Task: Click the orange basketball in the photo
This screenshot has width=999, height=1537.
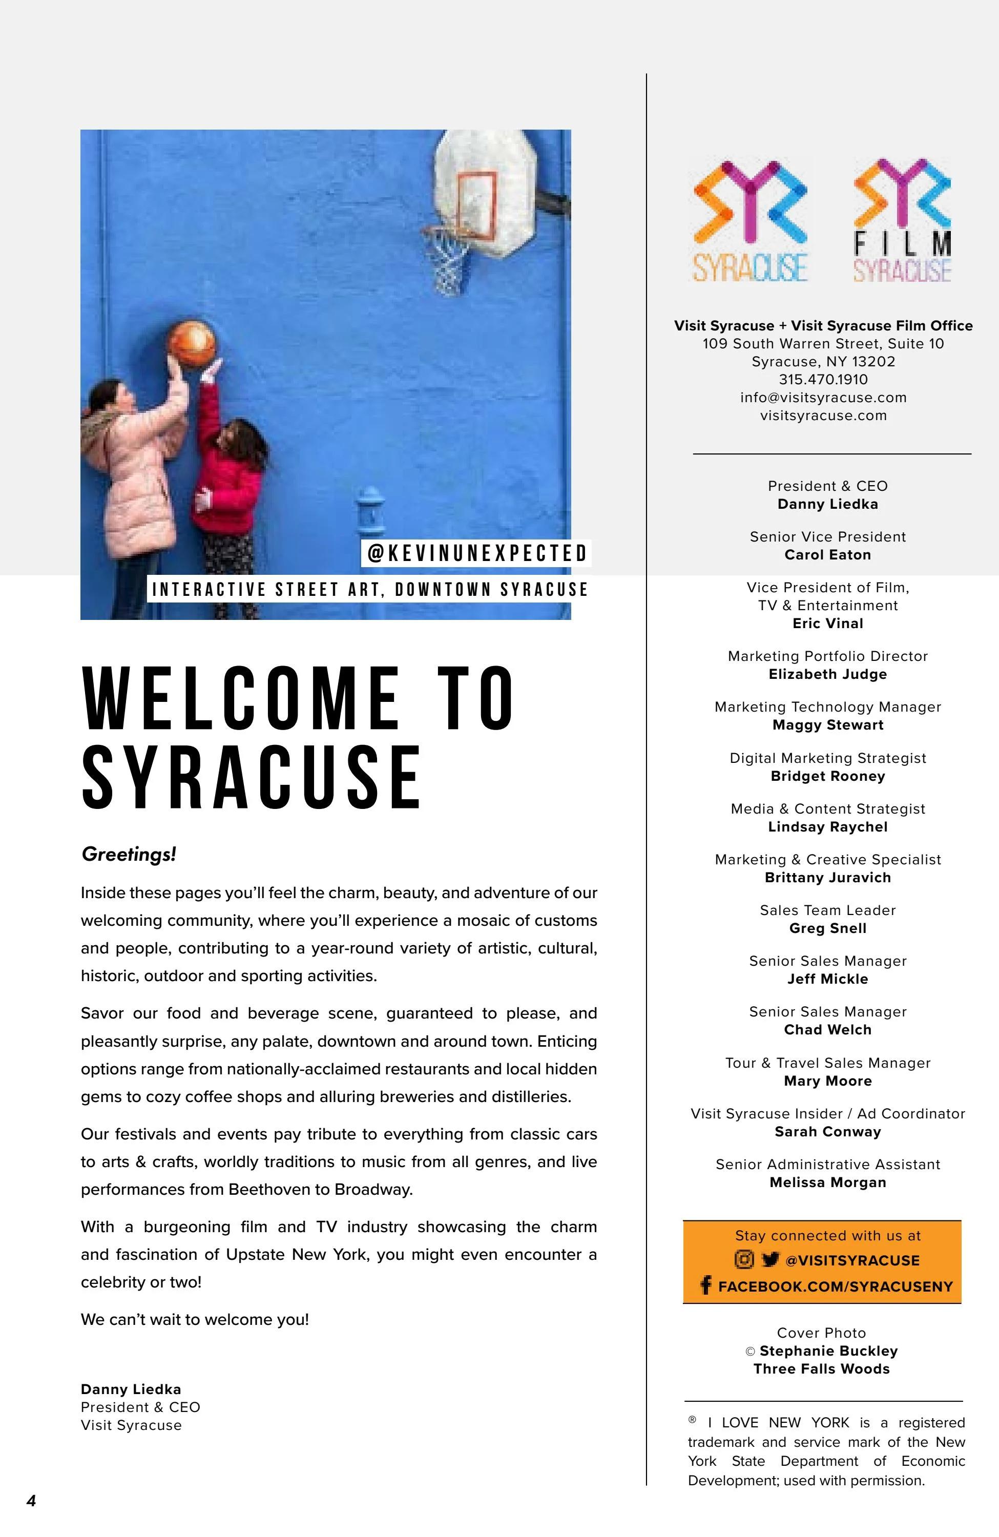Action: (191, 342)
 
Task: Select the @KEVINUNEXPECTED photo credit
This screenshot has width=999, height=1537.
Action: (476, 553)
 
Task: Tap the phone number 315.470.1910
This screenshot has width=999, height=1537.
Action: (823, 380)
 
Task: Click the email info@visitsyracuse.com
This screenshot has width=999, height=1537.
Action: (823, 398)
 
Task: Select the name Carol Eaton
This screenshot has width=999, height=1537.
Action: (827, 555)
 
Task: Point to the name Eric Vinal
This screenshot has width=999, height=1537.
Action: (827, 624)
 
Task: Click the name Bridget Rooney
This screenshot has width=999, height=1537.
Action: (827, 776)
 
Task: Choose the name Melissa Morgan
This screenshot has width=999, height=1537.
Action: (827, 1182)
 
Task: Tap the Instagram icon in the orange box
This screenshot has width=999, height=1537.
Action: (744, 1259)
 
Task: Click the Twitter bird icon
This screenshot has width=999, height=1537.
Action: (770, 1259)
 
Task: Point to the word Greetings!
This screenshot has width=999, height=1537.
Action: (129, 855)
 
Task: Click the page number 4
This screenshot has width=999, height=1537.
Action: (31, 1500)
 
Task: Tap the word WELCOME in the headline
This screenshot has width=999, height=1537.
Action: (241, 699)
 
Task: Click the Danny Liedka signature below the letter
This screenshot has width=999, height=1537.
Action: (131, 1389)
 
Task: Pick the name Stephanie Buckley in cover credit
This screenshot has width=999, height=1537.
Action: (828, 1351)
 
